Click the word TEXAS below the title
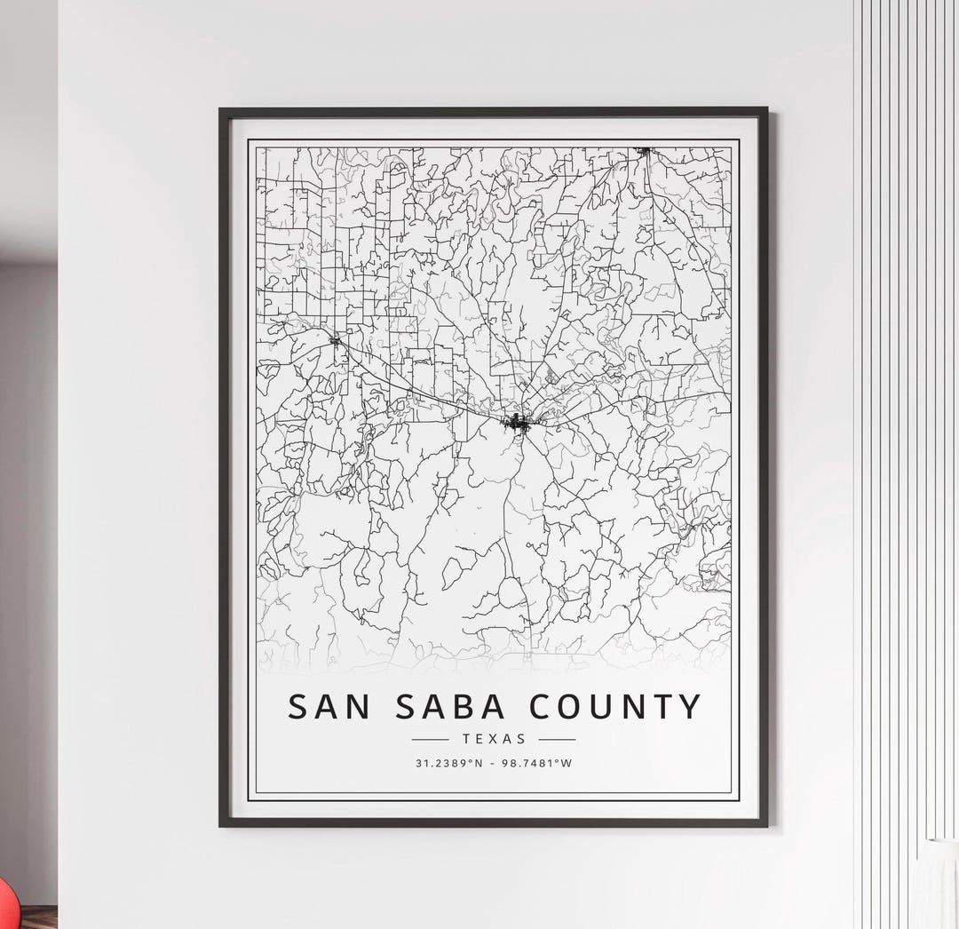(494, 739)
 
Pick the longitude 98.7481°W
(538, 763)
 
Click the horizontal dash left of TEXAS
(431, 739)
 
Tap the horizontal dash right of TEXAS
(557, 739)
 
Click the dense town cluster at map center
(516, 423)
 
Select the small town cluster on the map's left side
(335, 338)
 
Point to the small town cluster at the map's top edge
(645, 151)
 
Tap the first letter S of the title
(298, 707)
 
